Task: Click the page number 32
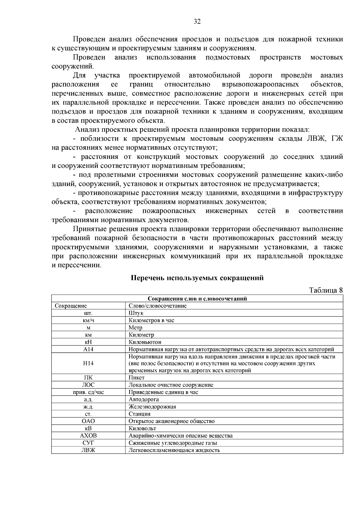(x=197, y=22)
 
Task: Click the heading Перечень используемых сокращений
(x=197, y=278)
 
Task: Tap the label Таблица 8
(x=326, y=290)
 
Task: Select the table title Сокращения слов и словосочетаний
(x=197, y=299)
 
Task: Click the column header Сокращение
(x=71, y=306)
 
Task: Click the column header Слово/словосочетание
(x=157, y=306)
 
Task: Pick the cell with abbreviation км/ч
(x=88, y=320)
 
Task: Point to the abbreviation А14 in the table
(x=88, y=349)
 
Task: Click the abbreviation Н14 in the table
(x=88, y=363)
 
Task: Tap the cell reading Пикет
(x=136, y=378)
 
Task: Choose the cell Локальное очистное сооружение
(x=171, y=385)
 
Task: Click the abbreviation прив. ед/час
(x=88, y=392)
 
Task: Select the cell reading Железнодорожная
(x=152, y=407)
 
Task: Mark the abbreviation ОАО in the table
(x=88, y=421)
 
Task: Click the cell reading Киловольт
(x=142, y=428)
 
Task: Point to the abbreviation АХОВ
(x=88, y=436)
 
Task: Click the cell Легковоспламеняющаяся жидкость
(x=174, y=450)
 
